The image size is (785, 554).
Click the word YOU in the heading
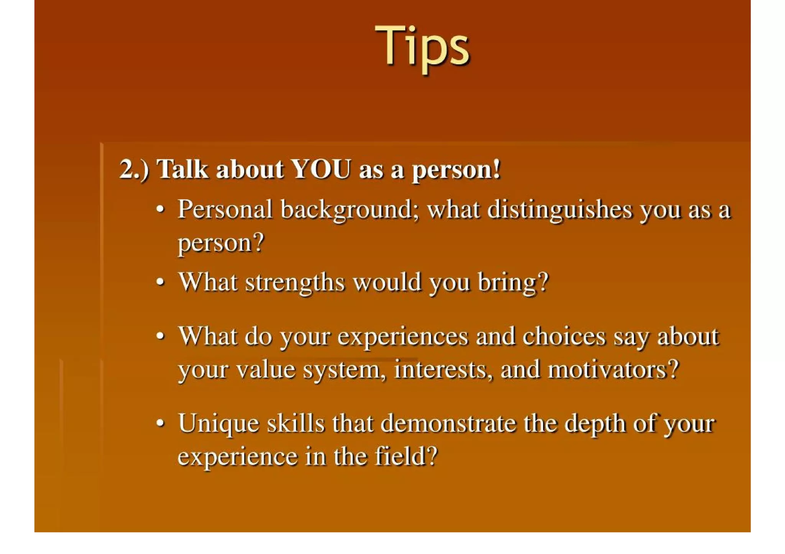pyautogui.click(x=321, y=169)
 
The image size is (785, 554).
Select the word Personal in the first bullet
pyautogui.click(x=225, y=209)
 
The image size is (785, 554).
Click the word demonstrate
pyautogui.click(x=448, y=423)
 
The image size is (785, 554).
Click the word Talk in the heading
pyautogui.click(x=182, y=169)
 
